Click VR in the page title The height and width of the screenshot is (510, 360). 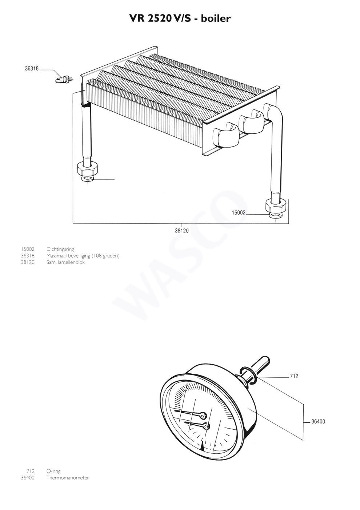click(x=137, y=19)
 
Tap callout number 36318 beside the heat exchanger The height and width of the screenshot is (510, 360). click(x=32, y=68)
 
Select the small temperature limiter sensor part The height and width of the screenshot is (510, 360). click(x=64, y=80)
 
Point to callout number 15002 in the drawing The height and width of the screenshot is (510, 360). click(x=239, y=213)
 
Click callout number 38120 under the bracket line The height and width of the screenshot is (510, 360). click(x=182, y=230)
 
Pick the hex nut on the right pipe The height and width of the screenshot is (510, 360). click(x=276, y=206)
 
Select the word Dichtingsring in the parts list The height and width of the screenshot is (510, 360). click(x=60, y=249)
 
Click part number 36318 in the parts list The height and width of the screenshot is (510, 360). click(x=28, y=256)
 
